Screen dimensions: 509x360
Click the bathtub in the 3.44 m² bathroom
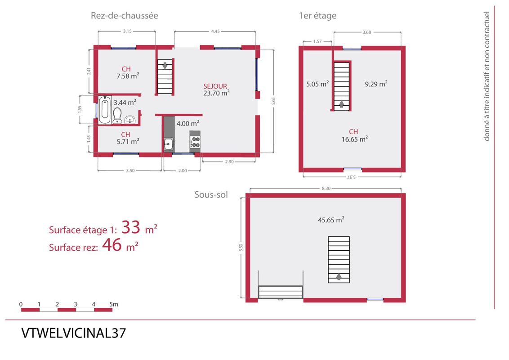[104, 109]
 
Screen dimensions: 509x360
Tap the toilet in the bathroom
[117, 116]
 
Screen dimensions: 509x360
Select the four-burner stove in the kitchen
[195, 141]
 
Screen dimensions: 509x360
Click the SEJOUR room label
[215, 86]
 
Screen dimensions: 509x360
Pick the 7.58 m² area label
[128, 76]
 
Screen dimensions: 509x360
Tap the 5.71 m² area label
[128, 142]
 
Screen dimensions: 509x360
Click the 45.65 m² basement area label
[331, 220]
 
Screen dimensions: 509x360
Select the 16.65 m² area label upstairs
[354, 139]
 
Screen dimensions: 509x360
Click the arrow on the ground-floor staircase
[165, 65]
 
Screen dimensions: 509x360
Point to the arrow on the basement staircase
[339, 276]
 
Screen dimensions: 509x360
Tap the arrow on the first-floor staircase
[341, 104]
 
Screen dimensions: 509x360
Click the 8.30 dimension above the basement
[326, 189]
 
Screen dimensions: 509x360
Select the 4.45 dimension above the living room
[215, 31]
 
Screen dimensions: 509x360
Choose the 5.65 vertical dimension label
[273, 101]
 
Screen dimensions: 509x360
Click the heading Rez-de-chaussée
[125, 16]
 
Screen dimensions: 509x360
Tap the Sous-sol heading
[211, 194]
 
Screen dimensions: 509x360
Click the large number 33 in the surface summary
[131, 227]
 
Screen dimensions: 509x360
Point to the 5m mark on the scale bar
[114, 305]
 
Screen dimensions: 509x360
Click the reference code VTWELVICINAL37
[73, 333]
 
